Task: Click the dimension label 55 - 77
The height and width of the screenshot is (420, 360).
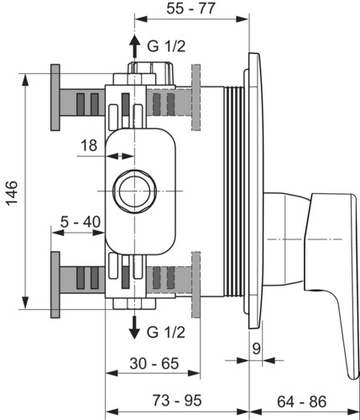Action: coord(190,8)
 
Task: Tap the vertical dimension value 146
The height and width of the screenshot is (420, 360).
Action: coord(12,193)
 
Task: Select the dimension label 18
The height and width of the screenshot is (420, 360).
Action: coord(89,145)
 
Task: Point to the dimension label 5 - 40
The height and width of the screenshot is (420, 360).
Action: coord(81,223)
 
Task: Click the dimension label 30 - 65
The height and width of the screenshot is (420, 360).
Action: coord(154,364)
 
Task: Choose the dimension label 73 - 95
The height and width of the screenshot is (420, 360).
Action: coord(177,401)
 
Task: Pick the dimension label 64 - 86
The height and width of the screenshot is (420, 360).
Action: coord(302,402)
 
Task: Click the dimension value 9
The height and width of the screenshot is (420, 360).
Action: coord(256,349)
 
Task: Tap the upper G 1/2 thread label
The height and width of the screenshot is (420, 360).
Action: coord(166,46)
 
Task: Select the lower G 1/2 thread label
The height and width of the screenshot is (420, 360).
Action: coord(166,333)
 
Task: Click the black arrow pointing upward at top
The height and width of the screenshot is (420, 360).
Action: coord(135,46)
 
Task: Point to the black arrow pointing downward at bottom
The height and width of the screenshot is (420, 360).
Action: coord(135,328)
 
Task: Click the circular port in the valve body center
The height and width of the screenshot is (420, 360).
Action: coord(134,191)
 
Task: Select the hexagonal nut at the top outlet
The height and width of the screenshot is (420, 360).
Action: coord(151,72)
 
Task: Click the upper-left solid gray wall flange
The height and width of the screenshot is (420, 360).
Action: coord(55,97)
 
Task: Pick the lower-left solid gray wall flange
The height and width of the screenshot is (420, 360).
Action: coord(55,285)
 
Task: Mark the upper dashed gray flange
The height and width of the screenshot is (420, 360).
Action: coord(196,97)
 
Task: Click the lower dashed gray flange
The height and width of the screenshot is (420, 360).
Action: coord(196,285)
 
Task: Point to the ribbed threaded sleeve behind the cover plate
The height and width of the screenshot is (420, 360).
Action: coord(234,192)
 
